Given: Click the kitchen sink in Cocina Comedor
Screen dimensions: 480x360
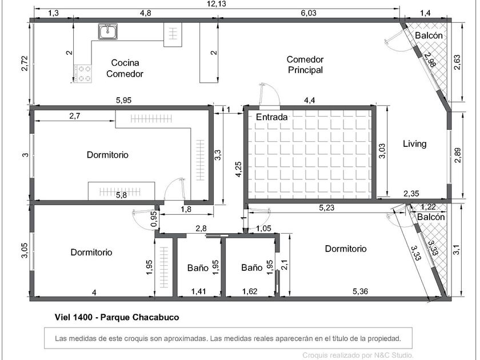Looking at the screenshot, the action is pyautogui.click(x=108, y=31).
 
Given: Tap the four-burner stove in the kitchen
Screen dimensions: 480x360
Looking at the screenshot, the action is pyautogui.click(x=83, y=74).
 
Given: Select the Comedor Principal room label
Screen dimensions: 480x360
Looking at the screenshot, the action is pyautogui.click(x=305, y=65).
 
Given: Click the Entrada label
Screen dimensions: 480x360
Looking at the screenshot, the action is pyautogui.click(x=272, y=117).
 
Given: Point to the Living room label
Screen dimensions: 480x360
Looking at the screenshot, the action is pyautogui.click(x=414, y=143).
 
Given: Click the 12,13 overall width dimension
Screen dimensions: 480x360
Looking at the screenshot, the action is pyautogui.click(x=217, y=3).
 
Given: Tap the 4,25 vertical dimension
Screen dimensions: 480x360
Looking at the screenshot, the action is pyautogui.click(x=238, y=169).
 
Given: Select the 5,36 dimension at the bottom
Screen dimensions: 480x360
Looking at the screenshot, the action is pyautogui.click(x=360, y=291).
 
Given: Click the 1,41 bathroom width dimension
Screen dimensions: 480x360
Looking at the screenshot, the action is pyautogui.click(x=199, y=291).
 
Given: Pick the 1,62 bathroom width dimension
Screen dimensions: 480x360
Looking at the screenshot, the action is pyautogui.click(x=250, y=291).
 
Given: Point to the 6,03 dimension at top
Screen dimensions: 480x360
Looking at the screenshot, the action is pyautogui.click(x=308, y=13).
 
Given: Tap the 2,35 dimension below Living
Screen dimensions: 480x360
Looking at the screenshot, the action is pyautogui.click(x=411, y=194).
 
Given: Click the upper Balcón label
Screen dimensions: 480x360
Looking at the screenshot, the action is pyautogui.click(x=429, y=35).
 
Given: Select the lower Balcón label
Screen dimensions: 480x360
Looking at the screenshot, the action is pyautogui.click(x=431, y=217).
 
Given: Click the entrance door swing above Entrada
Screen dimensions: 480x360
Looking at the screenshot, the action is pyautogui.click(x=269, y=95).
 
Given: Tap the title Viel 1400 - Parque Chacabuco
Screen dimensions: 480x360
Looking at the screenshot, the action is pyautogui.click(x=117, y=317).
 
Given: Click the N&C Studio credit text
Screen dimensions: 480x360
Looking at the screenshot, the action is pyautogui.click(x=358, y=355).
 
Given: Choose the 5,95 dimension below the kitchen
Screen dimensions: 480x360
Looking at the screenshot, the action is pyautogui.click(x=123, y=100).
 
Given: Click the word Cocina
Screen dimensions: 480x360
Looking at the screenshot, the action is pyautogui.click(x=125, y=63).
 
